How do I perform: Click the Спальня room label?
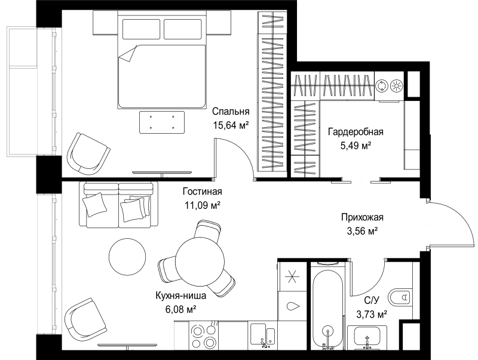[x=231, y=112]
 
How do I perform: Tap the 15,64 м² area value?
[x=231, y=125]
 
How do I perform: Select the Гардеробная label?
[x=356, y=132]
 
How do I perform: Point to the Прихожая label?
[x=362, y=217]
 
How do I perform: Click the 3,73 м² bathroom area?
[x=372, y=313]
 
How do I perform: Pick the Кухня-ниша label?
[x=181, y=296]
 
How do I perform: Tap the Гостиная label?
[x=203, y=192]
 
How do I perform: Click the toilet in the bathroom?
[x=400, y=296]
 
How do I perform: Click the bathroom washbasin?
[x=367, y=337]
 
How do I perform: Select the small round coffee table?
[x=127, y=256]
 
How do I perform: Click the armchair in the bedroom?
[x=88, y=154]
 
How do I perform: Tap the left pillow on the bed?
[x=141, y=29]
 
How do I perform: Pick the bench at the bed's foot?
[x=162, y=122]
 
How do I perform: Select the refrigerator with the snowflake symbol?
[x=292, y=276]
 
